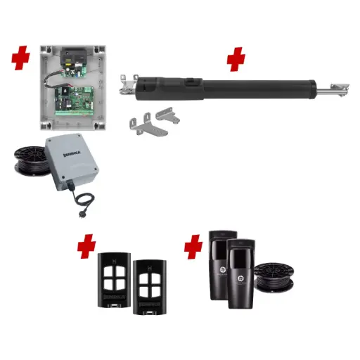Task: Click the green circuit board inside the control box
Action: [x=75, y=98]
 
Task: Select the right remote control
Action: [x=149, y=285]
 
